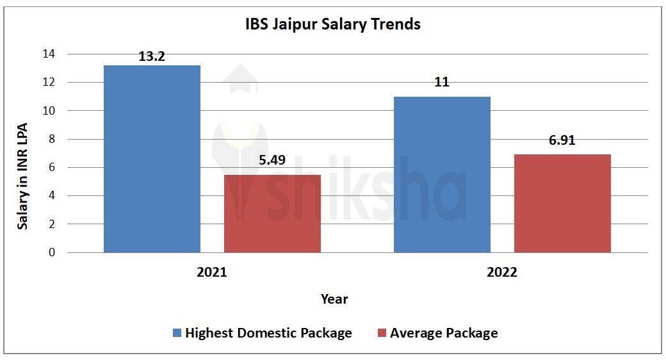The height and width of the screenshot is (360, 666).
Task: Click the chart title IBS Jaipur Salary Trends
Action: coord(333,24)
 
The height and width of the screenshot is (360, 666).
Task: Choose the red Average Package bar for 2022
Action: coord(562,203)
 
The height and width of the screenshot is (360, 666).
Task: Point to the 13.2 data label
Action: coord(152,56)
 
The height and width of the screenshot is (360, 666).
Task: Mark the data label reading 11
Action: coord(442,82)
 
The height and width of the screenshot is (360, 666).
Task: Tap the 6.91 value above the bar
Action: coord(562,140)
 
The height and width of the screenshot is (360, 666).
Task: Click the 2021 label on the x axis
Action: coord(212,272)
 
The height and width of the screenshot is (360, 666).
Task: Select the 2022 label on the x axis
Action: coord(502,272)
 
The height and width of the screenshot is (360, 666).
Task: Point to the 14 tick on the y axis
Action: coord(49,54)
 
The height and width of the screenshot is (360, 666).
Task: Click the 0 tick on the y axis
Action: coord(52,252)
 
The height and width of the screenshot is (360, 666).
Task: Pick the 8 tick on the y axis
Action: coord(52,139)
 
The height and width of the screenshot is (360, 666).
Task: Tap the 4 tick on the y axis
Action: coord(52,195)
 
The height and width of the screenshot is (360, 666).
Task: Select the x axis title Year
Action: coord(334,299)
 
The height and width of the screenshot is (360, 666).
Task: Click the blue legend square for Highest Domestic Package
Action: coord(177,333)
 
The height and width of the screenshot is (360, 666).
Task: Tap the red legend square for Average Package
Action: coord(382,333)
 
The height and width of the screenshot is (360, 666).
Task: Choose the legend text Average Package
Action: coord(444,333)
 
